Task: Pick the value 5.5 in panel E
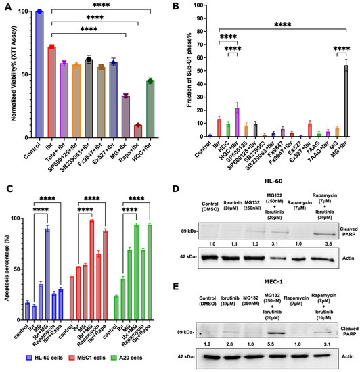(x=274, y=344)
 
